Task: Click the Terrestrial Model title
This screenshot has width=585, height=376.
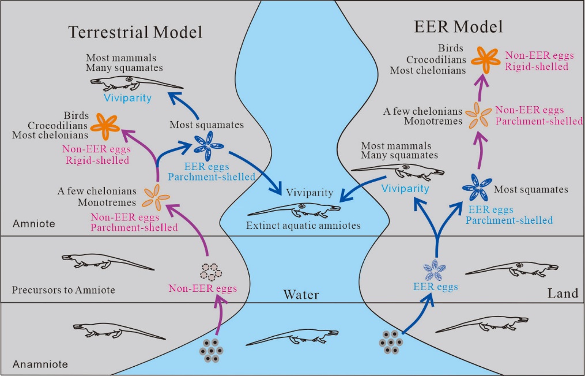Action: tap(135, 32)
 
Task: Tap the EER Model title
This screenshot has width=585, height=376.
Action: tap(459, 27)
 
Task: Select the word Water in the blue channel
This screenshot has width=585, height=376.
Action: tap(301, 295)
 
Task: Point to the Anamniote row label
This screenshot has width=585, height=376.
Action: tap(40, 364)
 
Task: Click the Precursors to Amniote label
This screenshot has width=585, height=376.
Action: tap(64, 289)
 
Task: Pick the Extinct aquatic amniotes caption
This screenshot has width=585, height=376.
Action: tap(303, 225)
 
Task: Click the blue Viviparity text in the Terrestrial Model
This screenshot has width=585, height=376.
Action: tap(127, 98)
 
